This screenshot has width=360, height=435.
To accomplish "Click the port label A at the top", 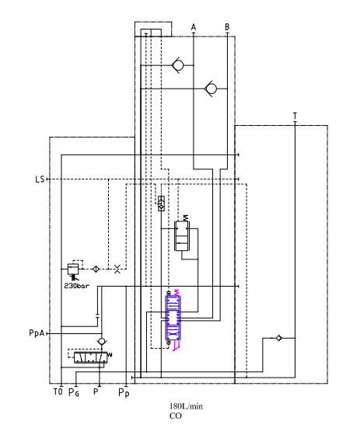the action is (194, 27).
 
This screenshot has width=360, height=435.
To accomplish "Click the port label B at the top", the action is (227, 27).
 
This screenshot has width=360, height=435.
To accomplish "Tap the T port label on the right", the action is (295, 116).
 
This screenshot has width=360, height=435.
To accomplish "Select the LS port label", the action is (40, 179).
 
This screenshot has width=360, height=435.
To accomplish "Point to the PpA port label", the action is (37, 333).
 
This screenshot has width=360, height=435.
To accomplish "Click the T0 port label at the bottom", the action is (58, 392).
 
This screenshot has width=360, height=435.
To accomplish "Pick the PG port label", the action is (74, 392).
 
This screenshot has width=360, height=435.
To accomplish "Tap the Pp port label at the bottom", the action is (124, 393).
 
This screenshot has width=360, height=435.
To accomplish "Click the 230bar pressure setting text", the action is (77, 286).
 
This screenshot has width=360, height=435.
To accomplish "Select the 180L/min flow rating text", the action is (186, 406).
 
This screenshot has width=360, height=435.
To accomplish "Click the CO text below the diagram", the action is (176, 416).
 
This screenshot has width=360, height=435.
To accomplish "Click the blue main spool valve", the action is (173, 318).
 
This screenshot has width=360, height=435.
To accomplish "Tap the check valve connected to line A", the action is (178, 65).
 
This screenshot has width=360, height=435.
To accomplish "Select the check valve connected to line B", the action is (211, 89).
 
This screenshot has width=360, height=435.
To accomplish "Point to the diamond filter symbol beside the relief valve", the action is (96, 269).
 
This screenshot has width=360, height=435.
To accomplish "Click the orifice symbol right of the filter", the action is (117, 269).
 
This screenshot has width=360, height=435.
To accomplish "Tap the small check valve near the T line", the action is (278, 338).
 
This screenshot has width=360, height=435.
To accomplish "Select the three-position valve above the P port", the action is (90, 357).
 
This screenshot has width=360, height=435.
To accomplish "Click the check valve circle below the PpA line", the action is (102, 341).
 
